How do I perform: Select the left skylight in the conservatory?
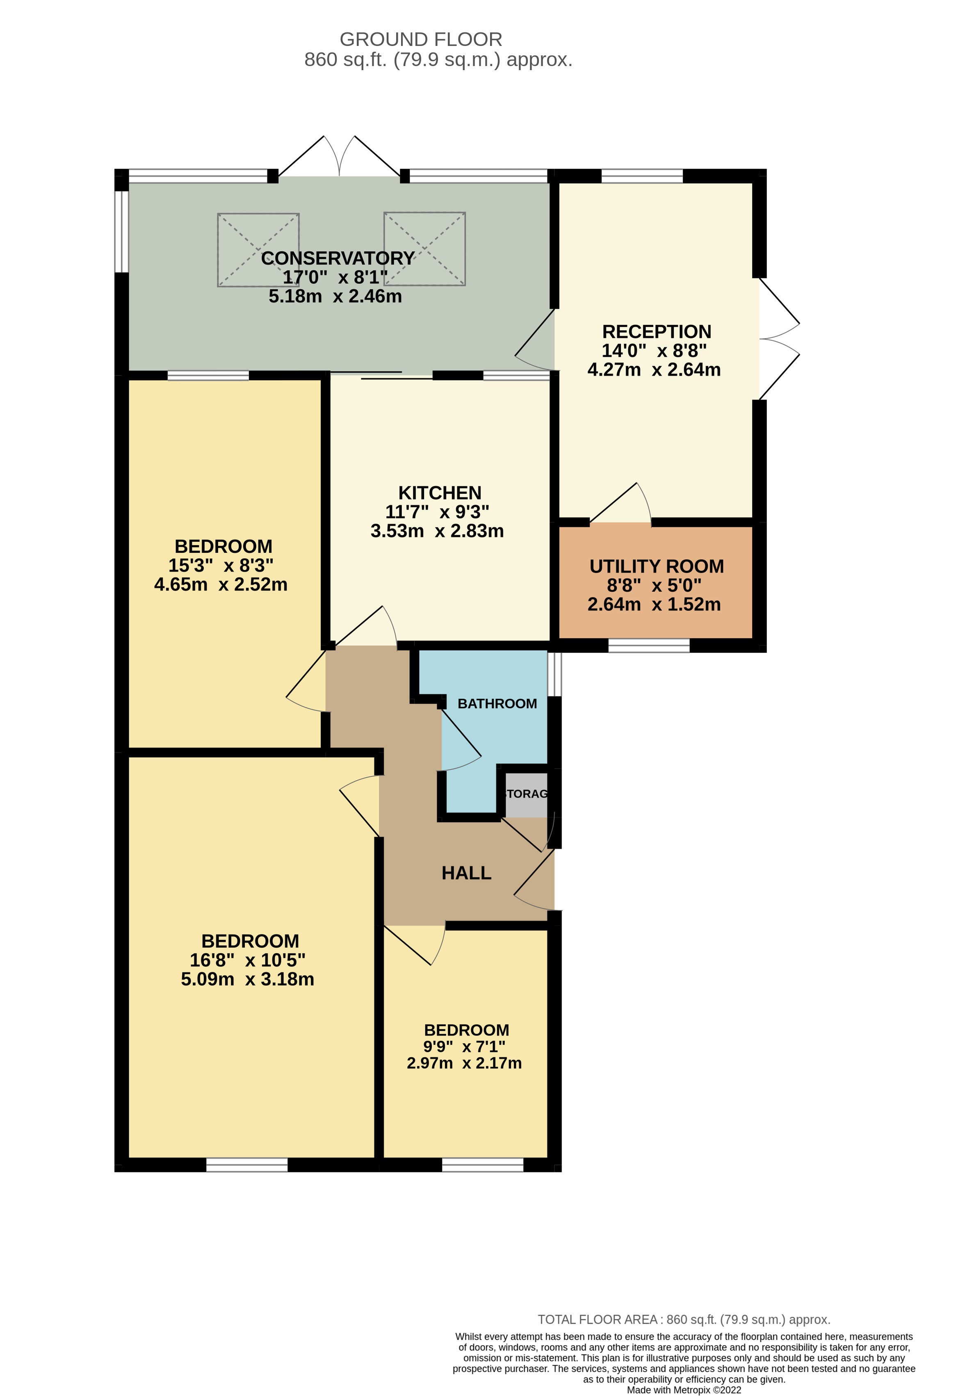[x=258, y=249]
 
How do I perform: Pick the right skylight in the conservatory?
[x=424, y=249]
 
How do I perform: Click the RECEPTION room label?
[x=657, y=332]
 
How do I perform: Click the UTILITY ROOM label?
[x=657, y=566]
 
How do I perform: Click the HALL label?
[x=466, y=873]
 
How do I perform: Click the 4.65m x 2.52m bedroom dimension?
[x=220, y=584]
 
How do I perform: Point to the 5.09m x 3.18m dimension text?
[x=247, y=979]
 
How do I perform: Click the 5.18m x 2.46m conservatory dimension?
[x=335, y=296]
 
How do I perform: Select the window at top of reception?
[x=642, y=176]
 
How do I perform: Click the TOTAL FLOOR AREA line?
[x=684, y=1320]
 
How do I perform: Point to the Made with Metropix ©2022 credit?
[x=684, y=1390]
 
